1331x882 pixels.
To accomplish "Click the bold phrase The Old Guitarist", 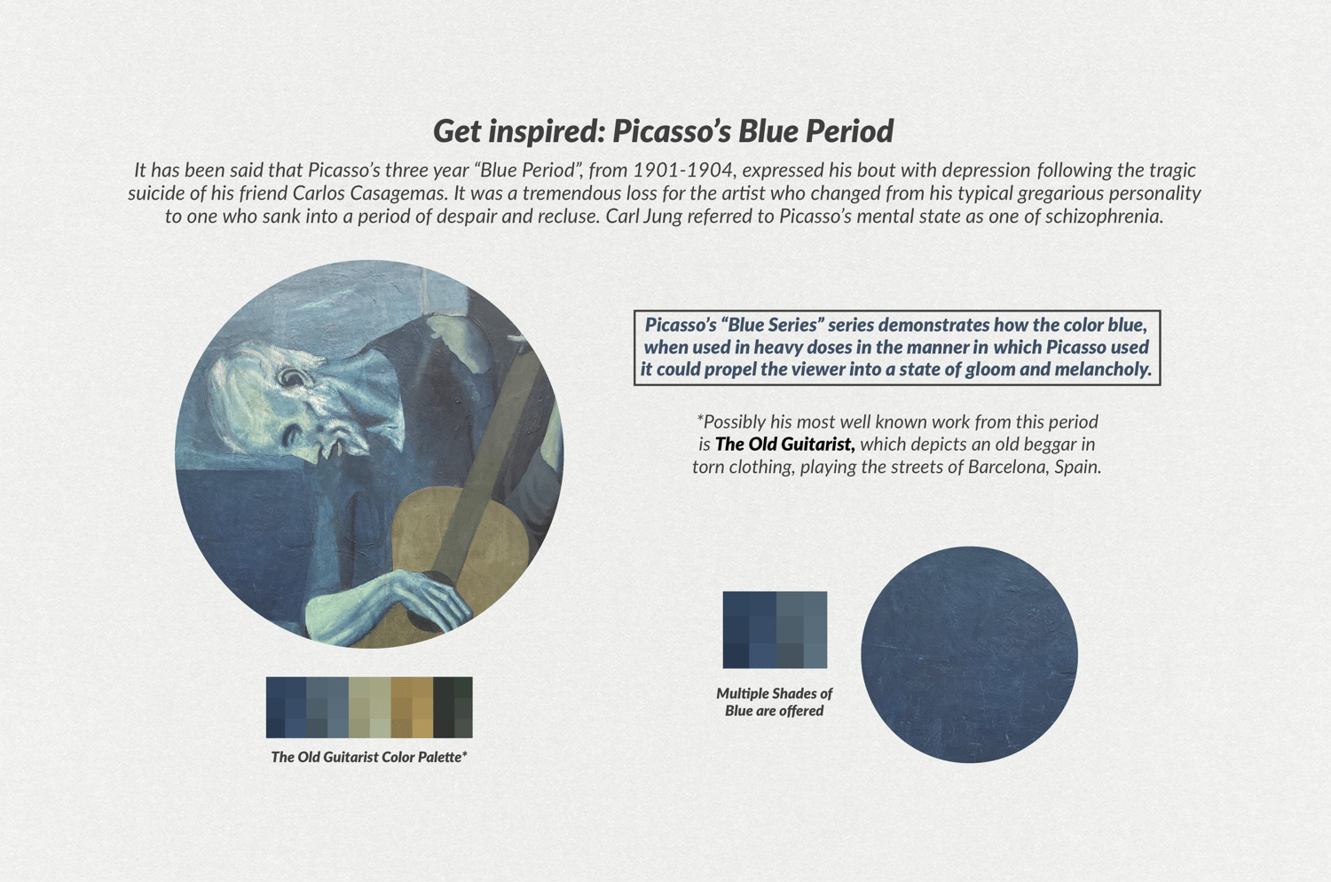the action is click(x=785, y=445).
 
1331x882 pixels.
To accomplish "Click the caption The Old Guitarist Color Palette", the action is click(x=369, y=757).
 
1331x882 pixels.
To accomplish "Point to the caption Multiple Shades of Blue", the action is click(x=775, y=702).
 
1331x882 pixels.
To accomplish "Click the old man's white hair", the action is click(x=238, y=386).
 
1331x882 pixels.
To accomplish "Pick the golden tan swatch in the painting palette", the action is click(x=411, y=707).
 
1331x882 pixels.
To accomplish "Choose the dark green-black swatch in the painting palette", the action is click(x=453, y=707).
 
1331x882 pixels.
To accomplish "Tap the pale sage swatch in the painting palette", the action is click(x=370, y=707).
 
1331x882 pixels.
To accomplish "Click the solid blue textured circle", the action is click(x=969, y=654).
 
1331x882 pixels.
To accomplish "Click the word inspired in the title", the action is click(x=545, y=132).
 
